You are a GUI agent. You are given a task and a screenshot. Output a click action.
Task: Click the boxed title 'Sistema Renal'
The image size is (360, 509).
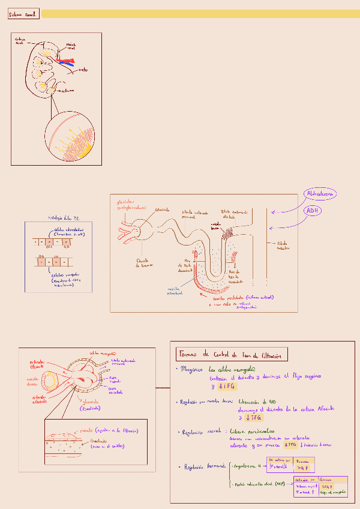click(23, 13)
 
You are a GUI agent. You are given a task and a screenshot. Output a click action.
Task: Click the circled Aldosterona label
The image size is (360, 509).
click(320, 194)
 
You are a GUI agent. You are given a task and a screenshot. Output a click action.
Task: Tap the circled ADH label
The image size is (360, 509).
click(312, 211)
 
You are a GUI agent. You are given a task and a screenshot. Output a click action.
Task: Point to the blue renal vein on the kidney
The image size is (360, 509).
click(68, 63)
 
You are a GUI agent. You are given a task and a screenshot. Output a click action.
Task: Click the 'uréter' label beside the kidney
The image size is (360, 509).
click(83, 70)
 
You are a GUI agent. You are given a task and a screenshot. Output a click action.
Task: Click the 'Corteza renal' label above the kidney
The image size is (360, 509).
click(20, 41)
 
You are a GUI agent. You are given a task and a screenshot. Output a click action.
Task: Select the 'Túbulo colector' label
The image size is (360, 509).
click(283, 245)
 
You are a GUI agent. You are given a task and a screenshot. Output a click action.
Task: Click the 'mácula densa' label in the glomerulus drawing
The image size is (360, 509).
click(32, 382)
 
